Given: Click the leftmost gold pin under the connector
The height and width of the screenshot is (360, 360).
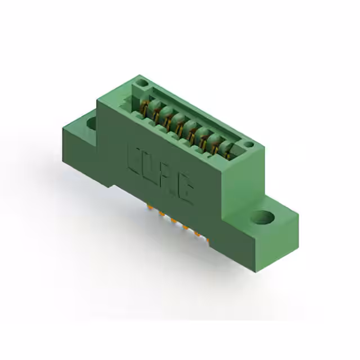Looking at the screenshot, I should point(149,208).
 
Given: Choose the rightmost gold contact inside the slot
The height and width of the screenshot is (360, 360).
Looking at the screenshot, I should point(227,151).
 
